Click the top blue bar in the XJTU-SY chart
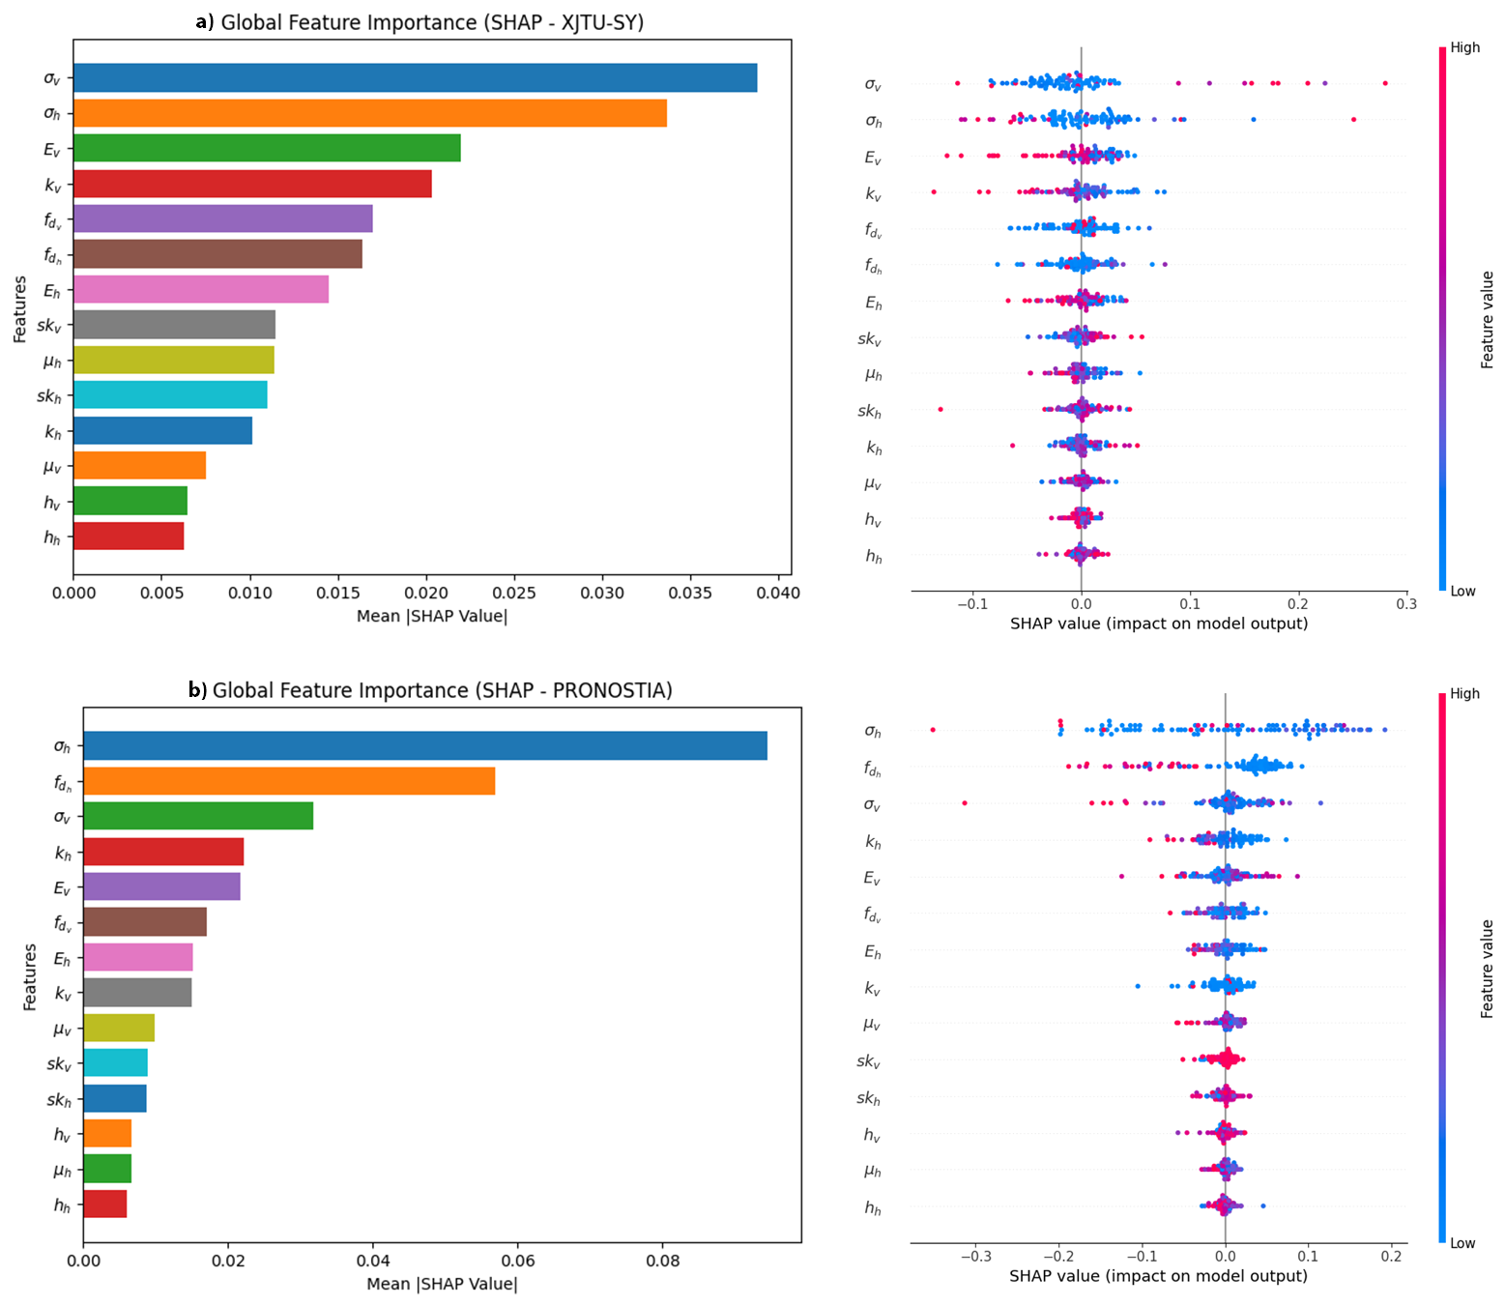point(415,77)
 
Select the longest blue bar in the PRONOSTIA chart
point(424,745)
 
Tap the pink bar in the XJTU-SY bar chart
point(201,289)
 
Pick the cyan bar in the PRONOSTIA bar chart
point(115,1062)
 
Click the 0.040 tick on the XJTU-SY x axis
point(779,593)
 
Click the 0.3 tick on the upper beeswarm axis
point(1406,604)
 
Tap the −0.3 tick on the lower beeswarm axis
point(975,1258)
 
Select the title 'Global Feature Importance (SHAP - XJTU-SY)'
point(431,22)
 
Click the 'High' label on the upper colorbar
point(1464,47)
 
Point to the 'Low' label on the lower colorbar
point(1462,1243)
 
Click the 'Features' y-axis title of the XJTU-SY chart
point(20,309)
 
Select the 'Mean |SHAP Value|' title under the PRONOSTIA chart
point(442,1285)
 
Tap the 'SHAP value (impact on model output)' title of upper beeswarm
point(1158,624)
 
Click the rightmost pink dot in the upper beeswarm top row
point(1385,83)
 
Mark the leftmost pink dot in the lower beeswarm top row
point(933,730)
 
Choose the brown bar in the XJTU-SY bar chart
point(217,254)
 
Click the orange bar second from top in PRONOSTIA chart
point(289,781)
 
